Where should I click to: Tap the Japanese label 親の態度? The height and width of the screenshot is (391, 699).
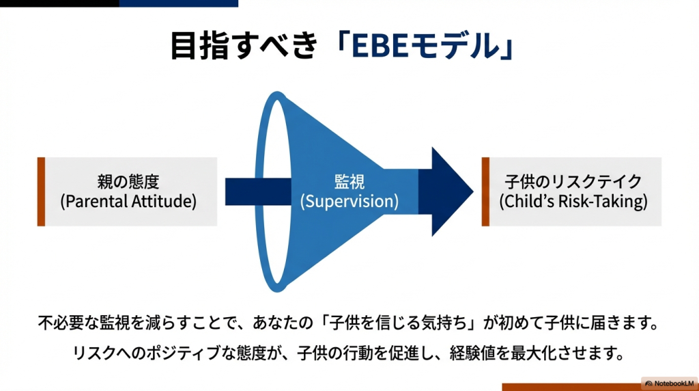128,182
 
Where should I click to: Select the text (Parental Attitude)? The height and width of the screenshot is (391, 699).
128,202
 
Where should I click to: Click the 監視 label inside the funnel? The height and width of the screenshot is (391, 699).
349,182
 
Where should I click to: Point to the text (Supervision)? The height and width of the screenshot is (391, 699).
349,202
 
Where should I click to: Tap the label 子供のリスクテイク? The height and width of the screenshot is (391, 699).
573,182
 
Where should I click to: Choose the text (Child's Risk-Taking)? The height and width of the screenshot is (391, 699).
573,202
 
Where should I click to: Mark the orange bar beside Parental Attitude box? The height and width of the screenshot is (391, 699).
41,191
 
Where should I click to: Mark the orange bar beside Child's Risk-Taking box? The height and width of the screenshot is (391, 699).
485,191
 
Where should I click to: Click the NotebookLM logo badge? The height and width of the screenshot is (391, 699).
669,383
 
